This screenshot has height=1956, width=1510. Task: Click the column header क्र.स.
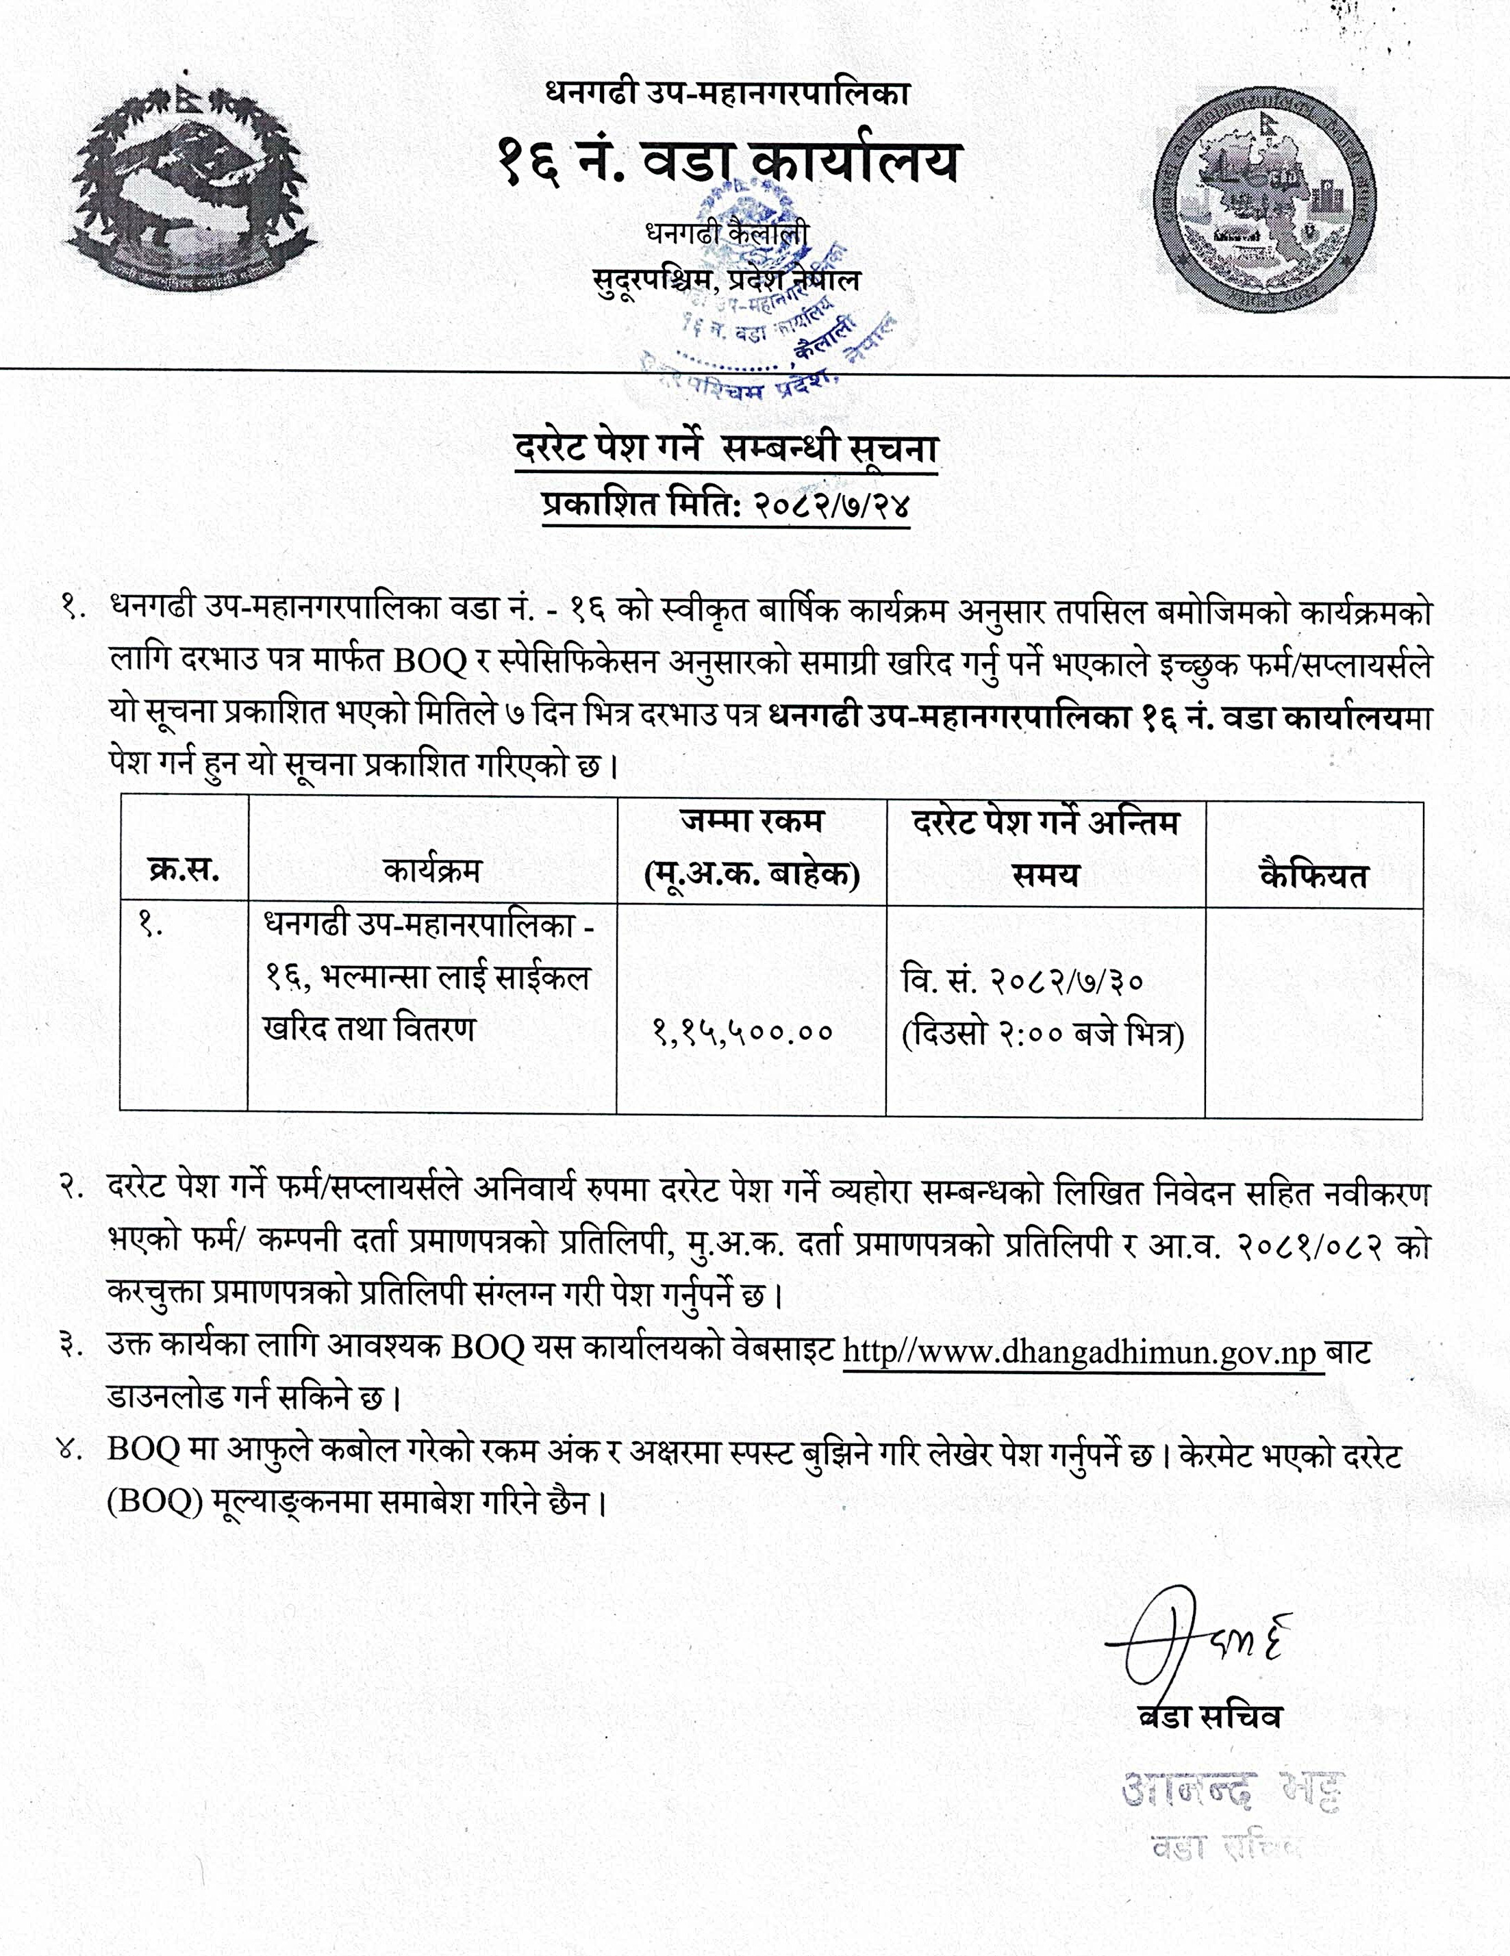pos(184,869)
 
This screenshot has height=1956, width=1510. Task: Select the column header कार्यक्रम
pos(431,869)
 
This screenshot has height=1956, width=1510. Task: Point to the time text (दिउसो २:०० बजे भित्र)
pos(1044,1034)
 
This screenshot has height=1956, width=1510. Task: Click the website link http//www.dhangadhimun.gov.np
pos(1083,1351)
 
